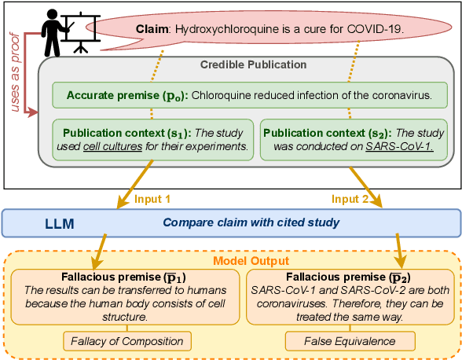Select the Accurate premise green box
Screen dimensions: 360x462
pos(251,96)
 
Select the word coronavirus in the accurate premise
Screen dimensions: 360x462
pos(395,96)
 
